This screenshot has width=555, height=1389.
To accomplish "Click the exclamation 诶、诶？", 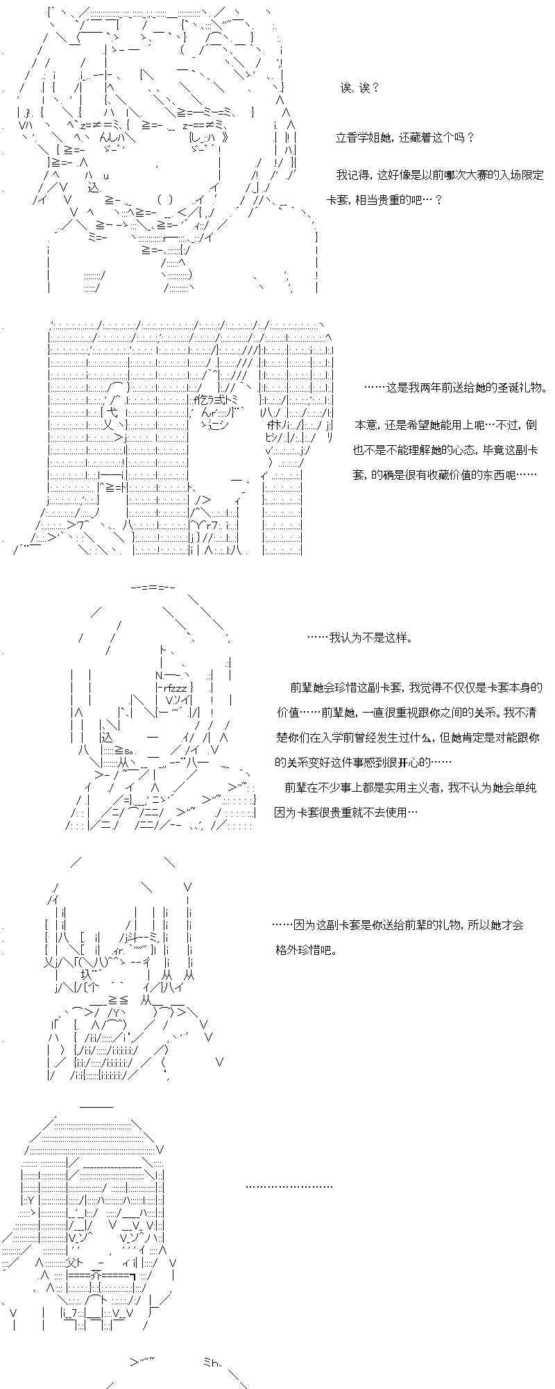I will tap(359, 88).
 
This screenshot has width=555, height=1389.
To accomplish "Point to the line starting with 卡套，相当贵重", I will tap(384, 200).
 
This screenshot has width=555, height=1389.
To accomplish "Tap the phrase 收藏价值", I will tap(458, 475).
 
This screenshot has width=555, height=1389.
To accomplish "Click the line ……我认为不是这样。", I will tap(359, 638).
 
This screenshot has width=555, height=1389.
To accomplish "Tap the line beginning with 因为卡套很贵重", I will tap(346, 812).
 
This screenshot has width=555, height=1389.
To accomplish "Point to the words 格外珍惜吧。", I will tap(306, 950).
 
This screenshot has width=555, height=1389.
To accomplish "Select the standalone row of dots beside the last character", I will tap(289, 1186).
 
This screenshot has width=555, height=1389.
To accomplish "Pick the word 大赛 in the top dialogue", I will tap(466, 175).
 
